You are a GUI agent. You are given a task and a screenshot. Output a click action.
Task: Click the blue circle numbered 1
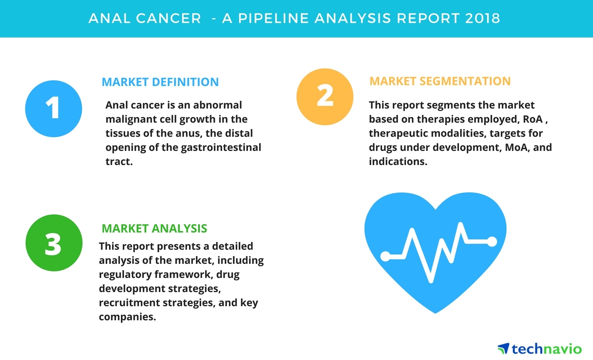point(53,109)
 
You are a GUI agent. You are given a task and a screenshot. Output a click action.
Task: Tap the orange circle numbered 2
point(325,97)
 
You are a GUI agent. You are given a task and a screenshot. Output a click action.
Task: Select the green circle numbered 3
point(53,243)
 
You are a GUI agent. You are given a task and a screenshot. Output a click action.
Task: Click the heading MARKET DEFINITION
point(160,82)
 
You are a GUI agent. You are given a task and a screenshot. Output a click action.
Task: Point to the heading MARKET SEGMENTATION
point(440,81)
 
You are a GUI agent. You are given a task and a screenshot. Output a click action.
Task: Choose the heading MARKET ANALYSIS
point(154,228)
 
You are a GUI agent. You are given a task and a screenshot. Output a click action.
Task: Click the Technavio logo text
point(547,349)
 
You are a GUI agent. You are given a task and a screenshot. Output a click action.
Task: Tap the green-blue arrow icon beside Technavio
point(503,349)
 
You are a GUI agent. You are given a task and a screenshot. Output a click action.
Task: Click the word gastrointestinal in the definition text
point(221,147)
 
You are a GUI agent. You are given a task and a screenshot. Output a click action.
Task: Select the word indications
point(397,161)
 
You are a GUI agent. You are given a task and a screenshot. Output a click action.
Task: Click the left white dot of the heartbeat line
point(385,256)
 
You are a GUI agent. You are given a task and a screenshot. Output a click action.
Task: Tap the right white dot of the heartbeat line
point(492,241)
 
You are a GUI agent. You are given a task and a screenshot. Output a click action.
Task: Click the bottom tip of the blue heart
point(435,313)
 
